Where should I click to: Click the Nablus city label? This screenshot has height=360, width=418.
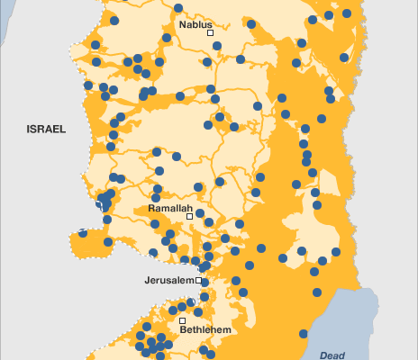[x=195, y=24]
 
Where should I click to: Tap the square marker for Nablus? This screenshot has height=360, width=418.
[x=210, y=32]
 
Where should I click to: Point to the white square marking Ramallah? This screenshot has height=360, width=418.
[x=190, y=216]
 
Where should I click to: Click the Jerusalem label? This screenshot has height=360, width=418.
[x=169, y=281]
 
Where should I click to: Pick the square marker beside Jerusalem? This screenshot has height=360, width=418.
[x=199, y=281]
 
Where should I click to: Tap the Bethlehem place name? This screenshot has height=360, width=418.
[x=205, y=330]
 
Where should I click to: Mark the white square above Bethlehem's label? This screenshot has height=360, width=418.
[x=182, y=320]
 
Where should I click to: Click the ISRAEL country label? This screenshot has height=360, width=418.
[x=46, y=130]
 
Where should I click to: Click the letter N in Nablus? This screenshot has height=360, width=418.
[x=183, y=24]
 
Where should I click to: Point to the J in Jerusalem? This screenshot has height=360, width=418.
[x=147, y=281]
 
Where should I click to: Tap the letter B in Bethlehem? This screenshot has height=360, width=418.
[x=184, y=330]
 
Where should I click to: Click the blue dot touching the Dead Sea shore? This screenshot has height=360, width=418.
[x=317, y=291]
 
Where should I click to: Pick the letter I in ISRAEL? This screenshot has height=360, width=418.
[x=29, y=130]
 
